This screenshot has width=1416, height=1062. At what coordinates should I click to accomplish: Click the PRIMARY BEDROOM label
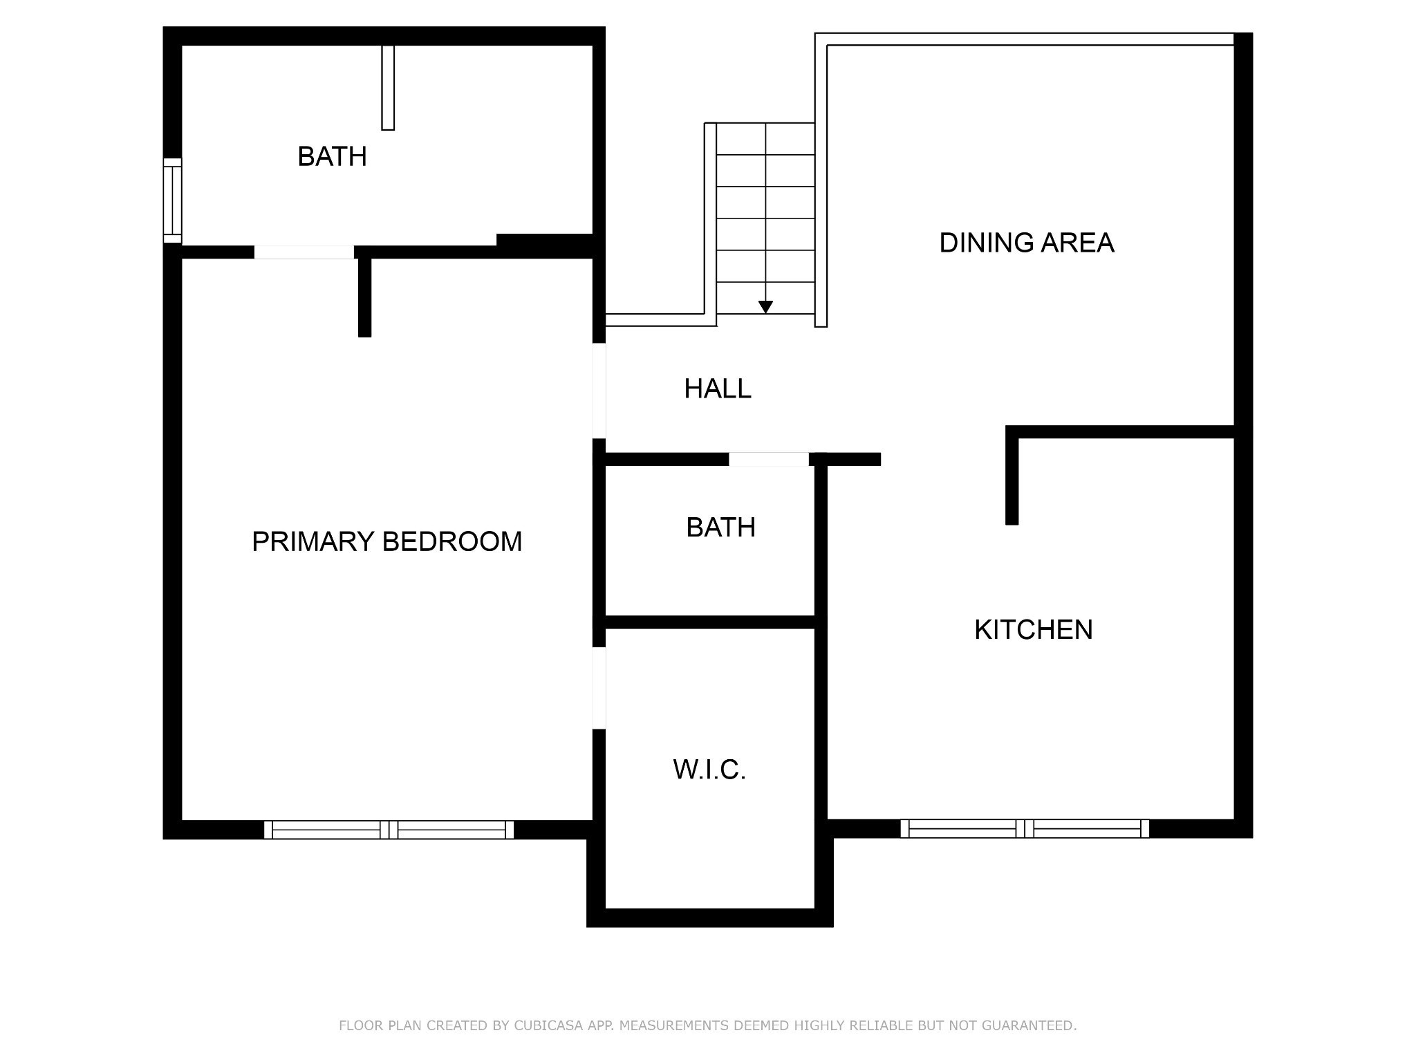[386, 541]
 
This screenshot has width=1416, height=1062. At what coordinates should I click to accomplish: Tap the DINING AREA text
[1027, 243]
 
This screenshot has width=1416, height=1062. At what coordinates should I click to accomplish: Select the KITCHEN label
[1034, 630]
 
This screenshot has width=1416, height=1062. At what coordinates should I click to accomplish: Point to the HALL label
[718, 389]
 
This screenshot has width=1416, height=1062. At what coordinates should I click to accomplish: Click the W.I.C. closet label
[709, 770]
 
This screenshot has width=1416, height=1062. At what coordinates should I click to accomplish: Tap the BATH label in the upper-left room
[332, 157]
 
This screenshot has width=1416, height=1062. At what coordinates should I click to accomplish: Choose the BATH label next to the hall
[720, 528]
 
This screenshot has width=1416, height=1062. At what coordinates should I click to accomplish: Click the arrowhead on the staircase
[765, 307]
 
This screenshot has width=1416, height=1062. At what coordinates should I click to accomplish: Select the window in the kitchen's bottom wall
[1025, 828]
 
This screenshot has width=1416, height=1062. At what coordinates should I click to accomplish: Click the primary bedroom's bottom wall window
[389, 830]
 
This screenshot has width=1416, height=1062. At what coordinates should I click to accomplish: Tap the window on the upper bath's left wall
[172, 201]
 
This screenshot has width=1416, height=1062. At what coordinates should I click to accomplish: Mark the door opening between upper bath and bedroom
[304, 252]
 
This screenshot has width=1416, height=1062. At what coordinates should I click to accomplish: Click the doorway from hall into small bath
[769, 459]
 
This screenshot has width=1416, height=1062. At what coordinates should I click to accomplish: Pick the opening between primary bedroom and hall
[599, 391]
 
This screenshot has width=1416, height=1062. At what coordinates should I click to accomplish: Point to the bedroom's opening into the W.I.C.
[599, 688]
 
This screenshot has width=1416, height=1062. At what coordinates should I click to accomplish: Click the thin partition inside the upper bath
[389, 88]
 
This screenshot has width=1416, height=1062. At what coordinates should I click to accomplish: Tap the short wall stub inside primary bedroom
[365, 297]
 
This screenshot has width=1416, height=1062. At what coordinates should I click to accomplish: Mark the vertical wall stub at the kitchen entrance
[1012, 475]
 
